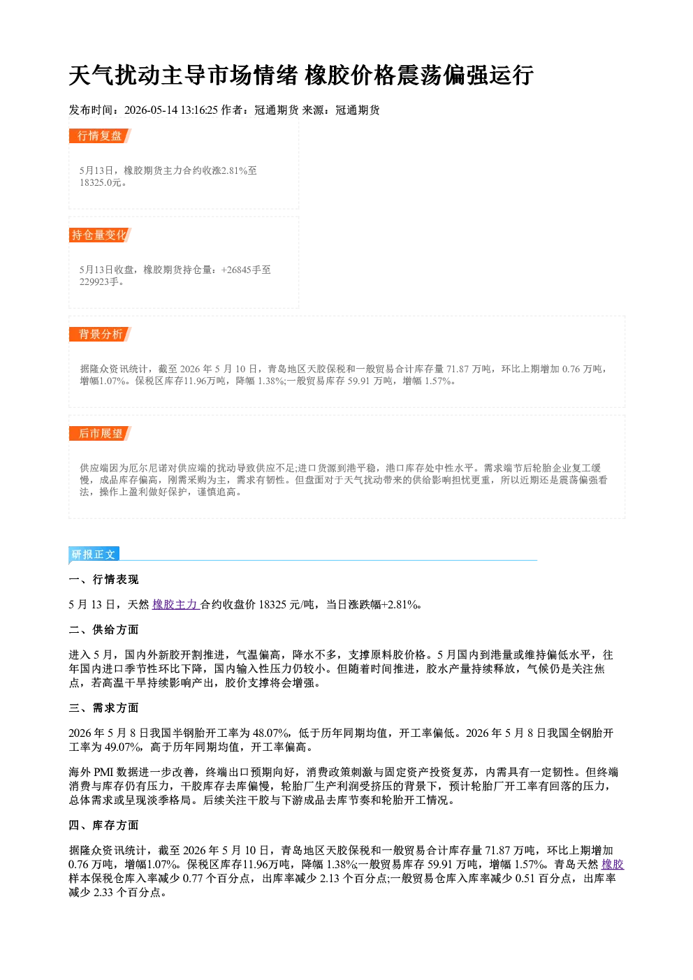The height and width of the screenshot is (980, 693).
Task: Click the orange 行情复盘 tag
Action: [100, 136]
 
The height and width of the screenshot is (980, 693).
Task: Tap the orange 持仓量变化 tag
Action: [100, 235]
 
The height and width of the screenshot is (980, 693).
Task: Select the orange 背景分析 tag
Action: [100, 335]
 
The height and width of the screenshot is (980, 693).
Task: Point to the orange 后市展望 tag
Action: [100, 434]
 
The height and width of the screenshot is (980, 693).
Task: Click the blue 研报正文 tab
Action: [94, 554]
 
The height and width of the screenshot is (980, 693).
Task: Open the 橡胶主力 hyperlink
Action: [176, 604]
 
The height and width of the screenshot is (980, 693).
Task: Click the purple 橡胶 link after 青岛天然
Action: [613, 864]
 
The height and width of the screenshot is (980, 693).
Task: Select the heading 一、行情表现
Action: [103, 579]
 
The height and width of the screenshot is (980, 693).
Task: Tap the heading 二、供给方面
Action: [103, 629]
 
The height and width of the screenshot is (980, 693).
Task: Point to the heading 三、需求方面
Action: [103, 708]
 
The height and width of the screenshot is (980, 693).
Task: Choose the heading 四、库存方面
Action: [103, 825]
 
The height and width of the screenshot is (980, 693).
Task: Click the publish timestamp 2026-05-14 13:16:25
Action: [171, 110]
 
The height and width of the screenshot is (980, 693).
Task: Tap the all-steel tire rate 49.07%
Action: [123, 747]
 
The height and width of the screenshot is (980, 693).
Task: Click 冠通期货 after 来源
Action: [358, 110]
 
